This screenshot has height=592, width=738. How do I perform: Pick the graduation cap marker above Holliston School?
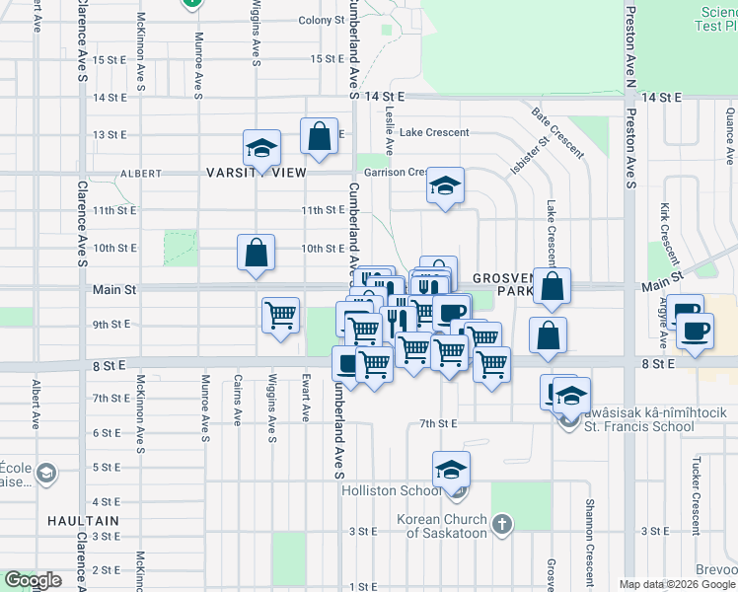point(451,470)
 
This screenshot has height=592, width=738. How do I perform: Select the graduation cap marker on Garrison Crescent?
point(445,185)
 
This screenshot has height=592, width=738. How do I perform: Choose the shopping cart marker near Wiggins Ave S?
point(280,316)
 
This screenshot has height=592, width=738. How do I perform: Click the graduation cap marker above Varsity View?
point(261,148)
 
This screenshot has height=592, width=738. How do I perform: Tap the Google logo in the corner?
point(33,580)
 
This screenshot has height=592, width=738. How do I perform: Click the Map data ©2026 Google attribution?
point(676,584)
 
